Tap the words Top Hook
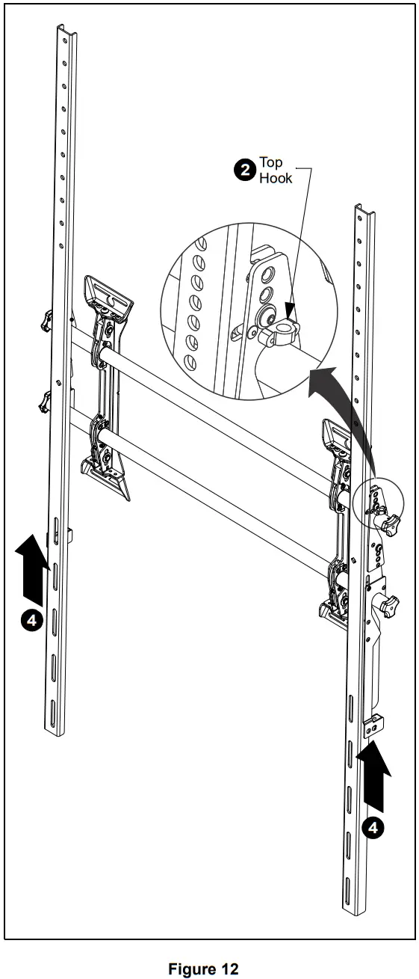[275, 171]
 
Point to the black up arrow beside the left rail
[31, 568]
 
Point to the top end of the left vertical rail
[67, 30]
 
